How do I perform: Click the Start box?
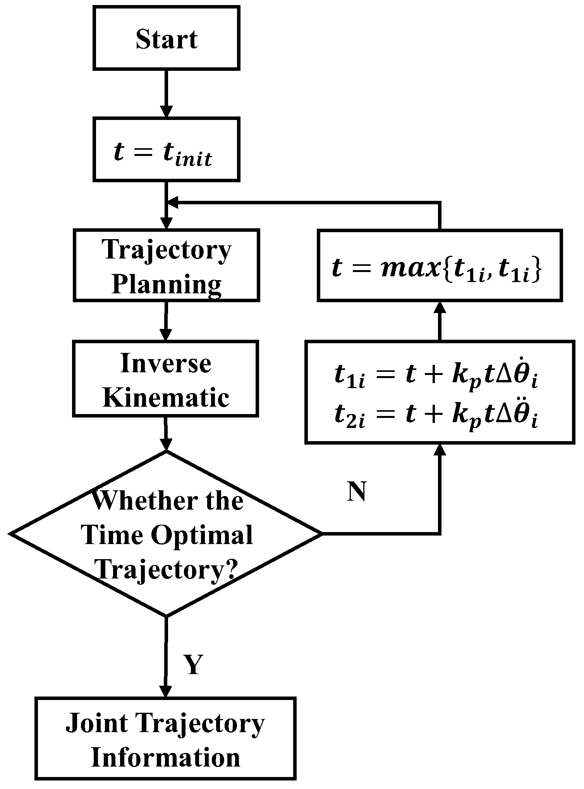point(167,38)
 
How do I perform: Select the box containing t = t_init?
point(167,149)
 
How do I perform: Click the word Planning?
point(167,284)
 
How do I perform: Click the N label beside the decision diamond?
point(356,492)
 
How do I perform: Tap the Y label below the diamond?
point(192,665)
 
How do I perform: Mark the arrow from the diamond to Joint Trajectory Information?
point(166,658)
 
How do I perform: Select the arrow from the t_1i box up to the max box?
point(440,321)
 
